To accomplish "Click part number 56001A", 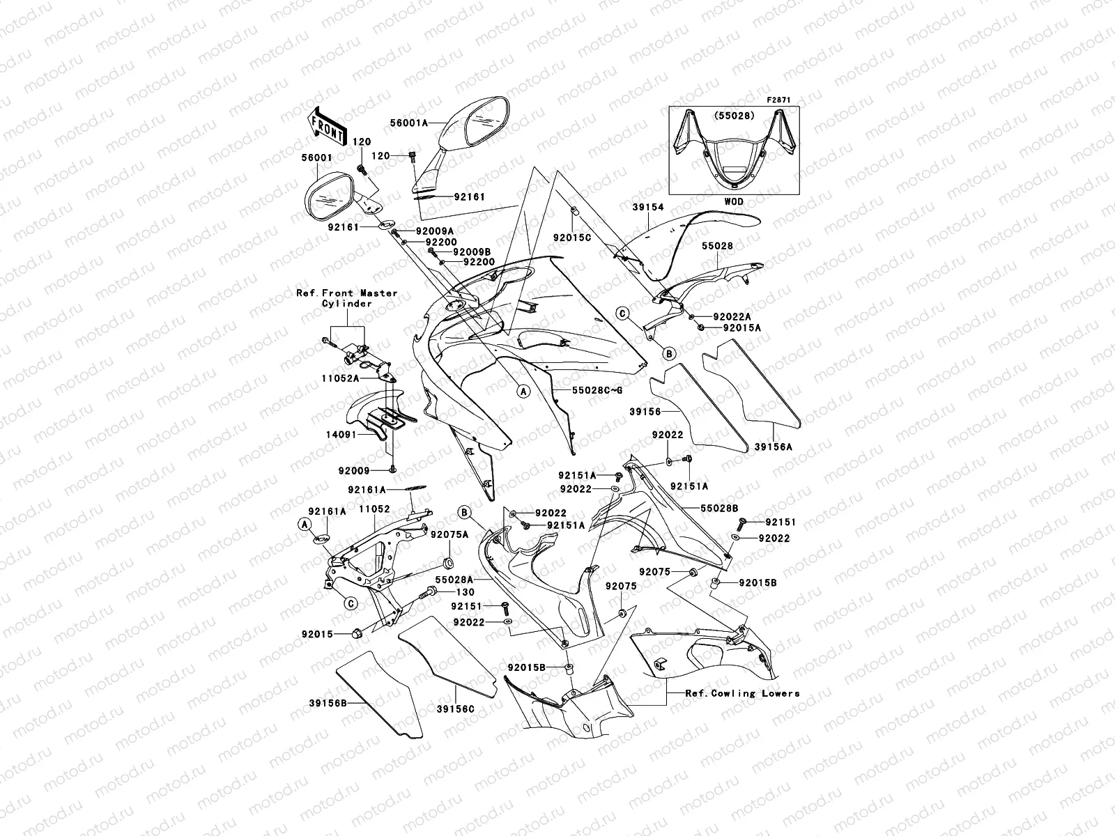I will pyautogui.click(x=424, y=121).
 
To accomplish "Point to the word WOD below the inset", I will pyautogui.click(x=734, y=202).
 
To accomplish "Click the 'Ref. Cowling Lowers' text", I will pyautogui.click(x=742, y=693).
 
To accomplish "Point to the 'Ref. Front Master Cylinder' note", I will pyautogui.click(x=347, y=298).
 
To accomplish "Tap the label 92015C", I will pyautogui.click(x=572, y=238).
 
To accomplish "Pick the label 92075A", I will pyautogui.click(x=449, y=534).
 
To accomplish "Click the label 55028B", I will pyautogui.click(x=720, y=509).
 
